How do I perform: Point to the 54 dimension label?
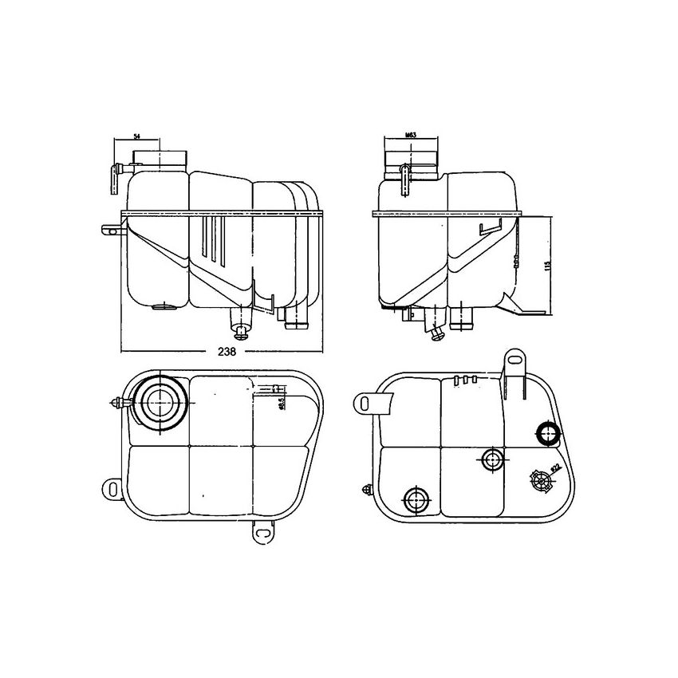point(136,138)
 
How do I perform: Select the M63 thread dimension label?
point(411,136)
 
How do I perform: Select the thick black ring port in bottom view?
point(548,434)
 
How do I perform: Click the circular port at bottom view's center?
point(491,459)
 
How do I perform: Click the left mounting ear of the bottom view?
point(368,404)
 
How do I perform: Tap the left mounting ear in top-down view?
point(111,487)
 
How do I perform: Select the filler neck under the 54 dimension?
point(160,158)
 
